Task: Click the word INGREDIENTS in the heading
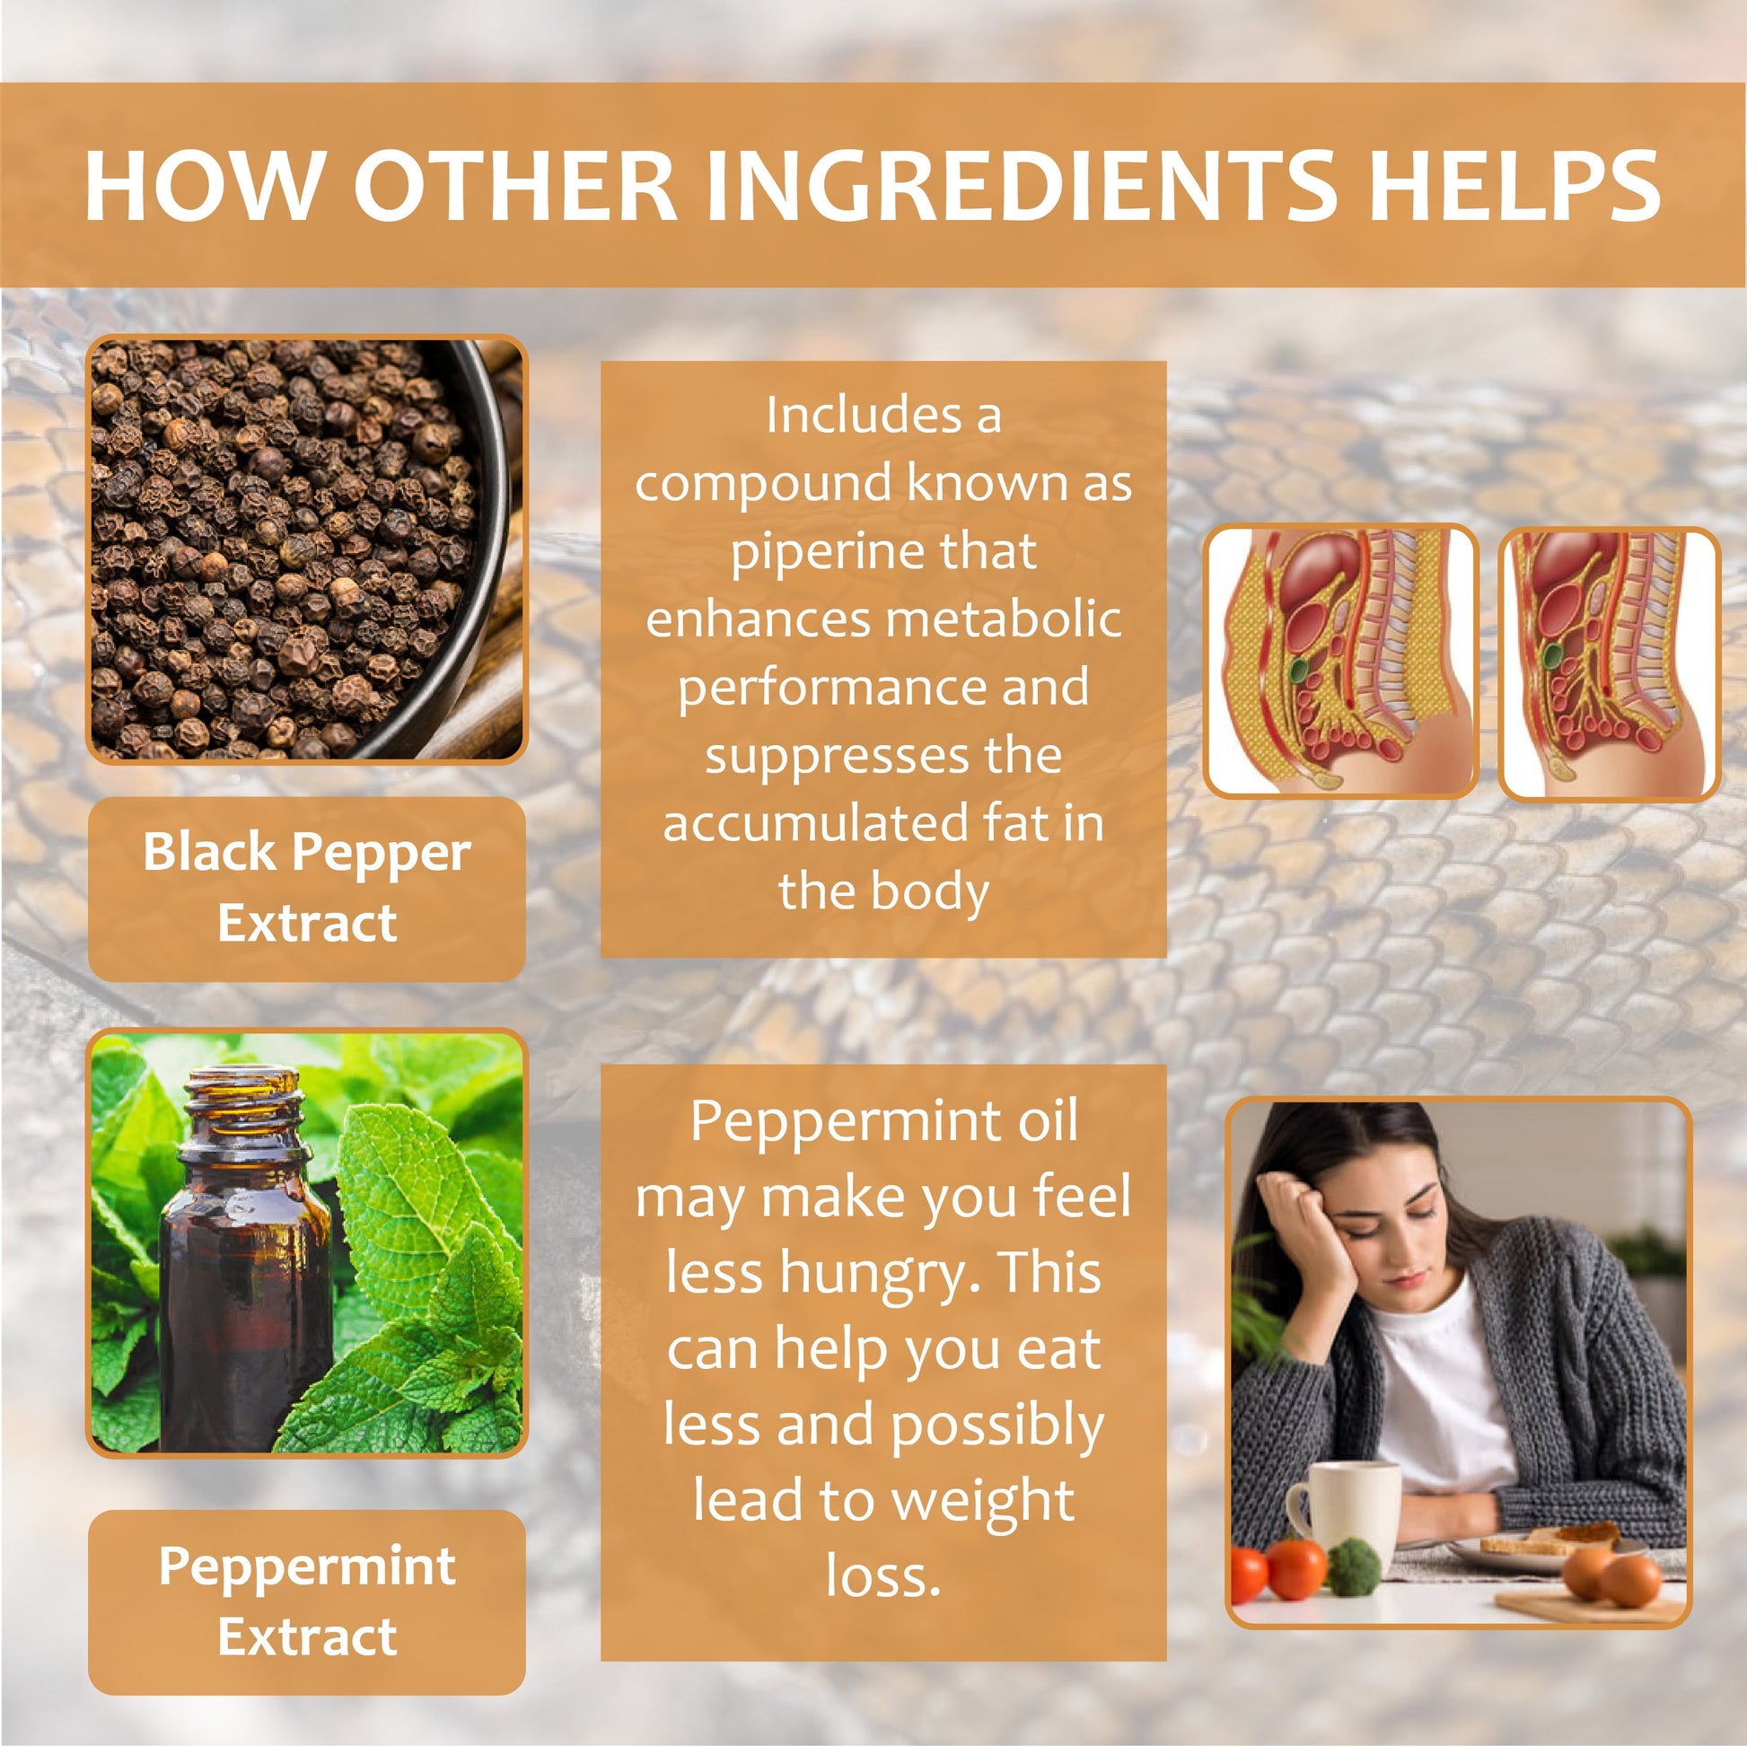pos(1020,184)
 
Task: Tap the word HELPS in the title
pos(1514,184)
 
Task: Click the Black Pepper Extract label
pos(306,888)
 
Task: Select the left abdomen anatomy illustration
pos(1340,662)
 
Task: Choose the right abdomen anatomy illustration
pos(1609,663)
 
